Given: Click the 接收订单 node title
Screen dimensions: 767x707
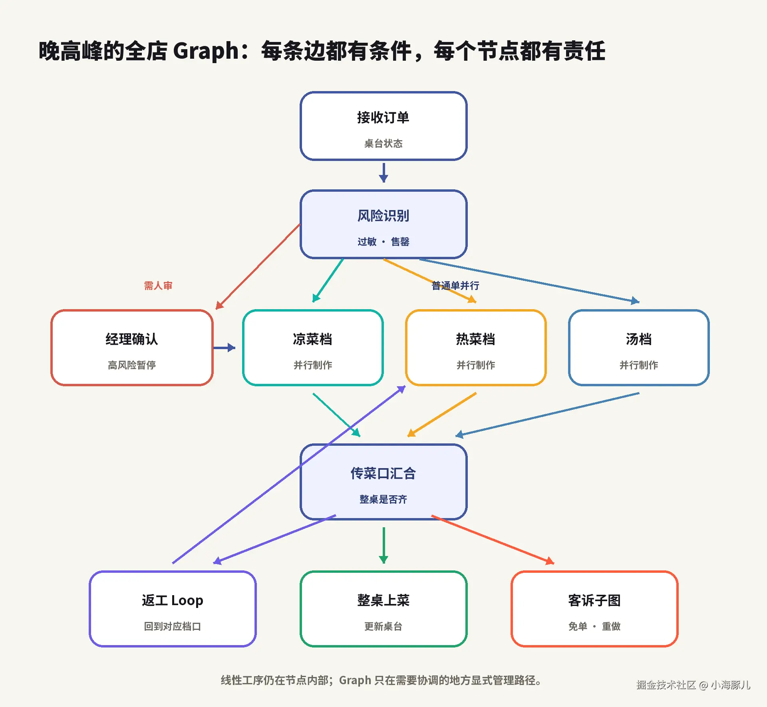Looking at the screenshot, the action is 383,117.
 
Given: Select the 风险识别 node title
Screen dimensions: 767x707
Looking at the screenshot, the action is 383,216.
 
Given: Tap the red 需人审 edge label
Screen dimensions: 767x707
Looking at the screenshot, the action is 158,286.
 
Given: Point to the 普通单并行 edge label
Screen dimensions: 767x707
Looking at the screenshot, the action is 455,286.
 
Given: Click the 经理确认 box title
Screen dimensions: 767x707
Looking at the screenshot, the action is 132,339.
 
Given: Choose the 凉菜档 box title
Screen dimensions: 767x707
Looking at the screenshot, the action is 313,339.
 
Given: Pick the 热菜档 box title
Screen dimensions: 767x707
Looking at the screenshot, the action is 476,339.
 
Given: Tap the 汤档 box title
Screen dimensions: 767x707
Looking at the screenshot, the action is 639,339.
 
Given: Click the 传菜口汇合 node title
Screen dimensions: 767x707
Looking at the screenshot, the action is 383,473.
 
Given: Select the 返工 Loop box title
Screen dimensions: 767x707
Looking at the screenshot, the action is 173,600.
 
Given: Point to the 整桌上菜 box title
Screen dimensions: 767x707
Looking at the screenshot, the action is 383,600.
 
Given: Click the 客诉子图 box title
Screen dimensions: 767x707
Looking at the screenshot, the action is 594,600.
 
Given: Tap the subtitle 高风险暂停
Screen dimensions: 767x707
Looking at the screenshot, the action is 132,365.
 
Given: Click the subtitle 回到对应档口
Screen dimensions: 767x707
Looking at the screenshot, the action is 173,626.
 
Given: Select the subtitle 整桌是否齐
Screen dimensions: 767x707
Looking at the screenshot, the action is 383,499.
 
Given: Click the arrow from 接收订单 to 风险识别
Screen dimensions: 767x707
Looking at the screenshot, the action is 383,173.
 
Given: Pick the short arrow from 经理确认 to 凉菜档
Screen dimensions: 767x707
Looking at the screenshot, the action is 225,348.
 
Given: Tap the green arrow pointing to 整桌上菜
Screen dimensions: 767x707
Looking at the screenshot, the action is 383,546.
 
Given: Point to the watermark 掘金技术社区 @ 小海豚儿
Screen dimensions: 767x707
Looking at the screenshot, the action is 693,685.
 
